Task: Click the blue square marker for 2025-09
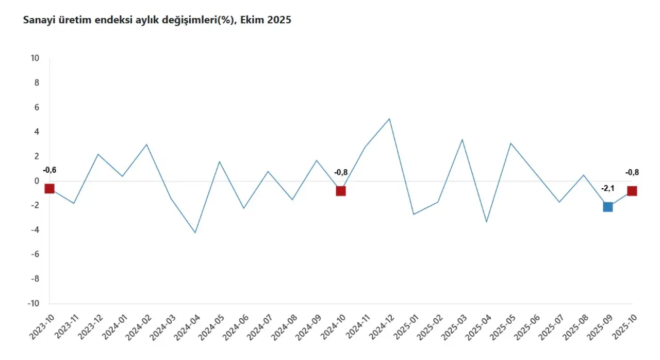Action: pyautogui.click(x=608, y=207)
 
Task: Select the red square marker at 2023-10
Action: pyautogui.click(x=49, y=188)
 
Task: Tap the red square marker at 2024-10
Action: pyautogui.click(x=341, y=191)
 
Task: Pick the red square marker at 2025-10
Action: pyautogui.click(x=632, y=191)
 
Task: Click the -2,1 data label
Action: pyautogui.click(x=607, y=188)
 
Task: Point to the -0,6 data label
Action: pyautogui.click(x=49, y=170)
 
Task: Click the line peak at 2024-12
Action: pyautogui.click(x=389, y=119)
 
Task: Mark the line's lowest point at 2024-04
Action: pyautogui.click(x=195, y=233)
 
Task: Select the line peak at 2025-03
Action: pyautogui.click(x=462, y=139)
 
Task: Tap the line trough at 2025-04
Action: pyautogui.click(x=486, y=222)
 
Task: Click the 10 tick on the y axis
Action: pyautogui.click(x=35, y=58)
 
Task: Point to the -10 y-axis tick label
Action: pyautogui.click(x=34, y=303)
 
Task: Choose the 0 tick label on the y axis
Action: pyautogui.click(x=37, y=181)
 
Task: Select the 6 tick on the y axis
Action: pyautogui.click(x=37, y=107)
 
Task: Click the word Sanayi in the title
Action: pyautogui.click(x=37, y=21)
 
